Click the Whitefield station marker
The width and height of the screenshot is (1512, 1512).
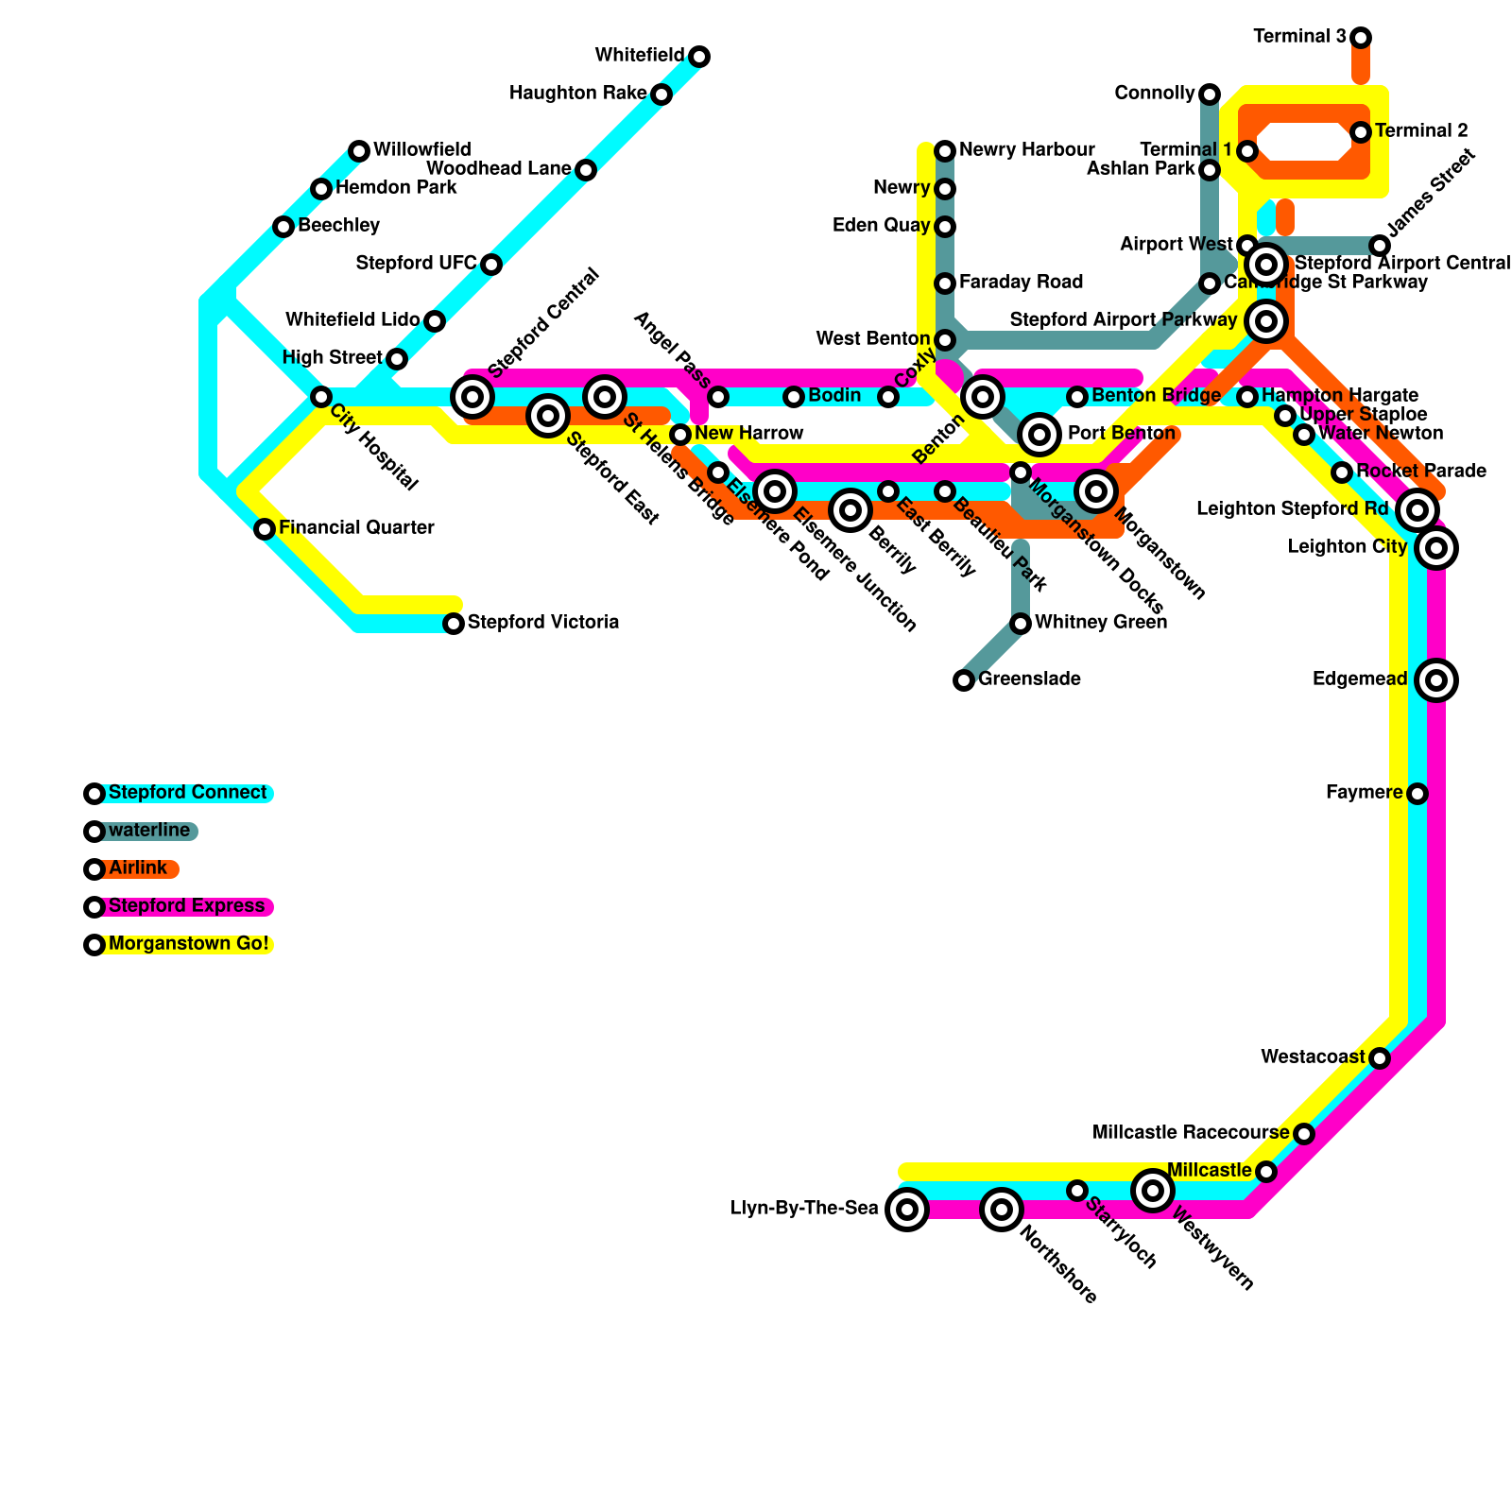[x=699, y=57]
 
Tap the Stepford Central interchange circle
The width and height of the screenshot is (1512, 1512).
[x=472, y=397]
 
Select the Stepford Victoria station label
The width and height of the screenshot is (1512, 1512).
[x=543, y=623]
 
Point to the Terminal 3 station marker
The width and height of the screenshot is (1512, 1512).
[x=1361, y=38]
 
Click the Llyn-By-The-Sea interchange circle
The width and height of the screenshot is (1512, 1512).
[x=907, y=1209]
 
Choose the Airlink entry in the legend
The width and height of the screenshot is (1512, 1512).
[x=137, y=868]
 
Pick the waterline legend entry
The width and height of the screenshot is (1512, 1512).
[x=148, y=831]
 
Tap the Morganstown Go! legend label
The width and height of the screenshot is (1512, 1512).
[x=188, y=944]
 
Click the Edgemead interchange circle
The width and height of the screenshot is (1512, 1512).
[x=1436, y=679]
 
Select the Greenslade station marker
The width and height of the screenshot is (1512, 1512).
[x=964, y=679]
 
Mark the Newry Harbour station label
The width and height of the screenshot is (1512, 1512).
[x=1026, y=150]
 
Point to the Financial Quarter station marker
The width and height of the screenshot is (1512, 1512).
[x=265, y=529]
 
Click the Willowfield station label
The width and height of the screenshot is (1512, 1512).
[x=421, y=150]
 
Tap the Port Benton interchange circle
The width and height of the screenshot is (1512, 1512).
[x=1039, y=435]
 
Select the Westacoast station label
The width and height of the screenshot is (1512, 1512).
[x=1313, y=1057]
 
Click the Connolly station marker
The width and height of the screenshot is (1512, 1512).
[x=1210, y=94]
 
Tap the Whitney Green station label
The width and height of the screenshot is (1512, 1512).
[x=1100, y=623]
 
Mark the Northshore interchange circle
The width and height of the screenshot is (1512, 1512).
[x=1002, y=1209]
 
